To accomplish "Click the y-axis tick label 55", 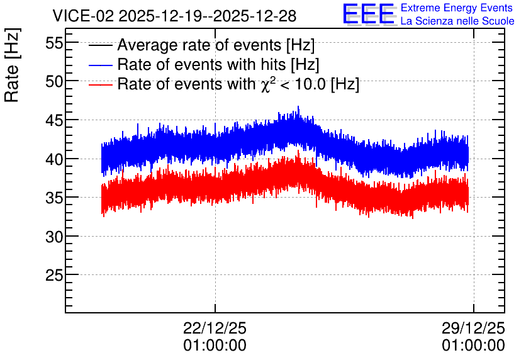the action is click(54, 43).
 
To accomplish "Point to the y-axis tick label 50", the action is click(54, 82).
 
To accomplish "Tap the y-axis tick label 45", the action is click(54, 120).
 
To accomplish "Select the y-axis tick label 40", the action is click(54, 159).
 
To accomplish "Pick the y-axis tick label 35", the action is click(54, 198).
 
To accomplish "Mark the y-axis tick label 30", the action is click(54, 237).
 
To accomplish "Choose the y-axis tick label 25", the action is click(54, 276).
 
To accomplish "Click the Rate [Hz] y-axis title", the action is click(12, 65).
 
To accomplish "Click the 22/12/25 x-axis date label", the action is click(215, 328).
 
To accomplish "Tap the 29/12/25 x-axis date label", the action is click(473, 328).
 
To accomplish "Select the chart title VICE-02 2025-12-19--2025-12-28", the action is click(174, 16).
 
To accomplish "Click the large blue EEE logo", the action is click(369, 14).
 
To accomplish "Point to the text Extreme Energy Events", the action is click(457, 8).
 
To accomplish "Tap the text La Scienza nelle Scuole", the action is click(457, 21).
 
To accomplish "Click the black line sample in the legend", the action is click(100, 45).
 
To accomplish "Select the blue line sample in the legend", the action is click(100, 65).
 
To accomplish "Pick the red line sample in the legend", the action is click(100, 84).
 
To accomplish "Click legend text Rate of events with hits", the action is click(201, 64).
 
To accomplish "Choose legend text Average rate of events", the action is click(199, 45).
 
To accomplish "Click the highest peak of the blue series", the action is click(298, 106).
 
